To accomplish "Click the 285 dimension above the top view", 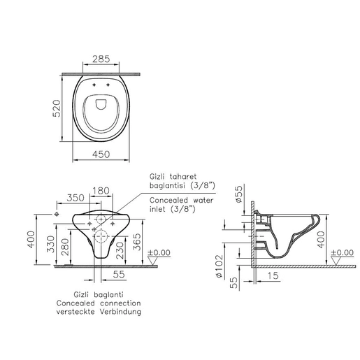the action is (x=101, y=59).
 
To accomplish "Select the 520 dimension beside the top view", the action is (x=57, y=108).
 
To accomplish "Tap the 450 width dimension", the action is (x=101, y=154).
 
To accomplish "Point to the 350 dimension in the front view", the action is (x=75, y=198).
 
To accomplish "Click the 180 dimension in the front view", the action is (x=101, y=191).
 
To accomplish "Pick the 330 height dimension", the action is (x=50, y=244).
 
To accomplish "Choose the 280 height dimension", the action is (x=66, y=247).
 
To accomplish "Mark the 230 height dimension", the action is (x=120, y=250).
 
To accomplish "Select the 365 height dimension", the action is (x=137, y=242).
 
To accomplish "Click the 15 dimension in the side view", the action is (x=273, y=275).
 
